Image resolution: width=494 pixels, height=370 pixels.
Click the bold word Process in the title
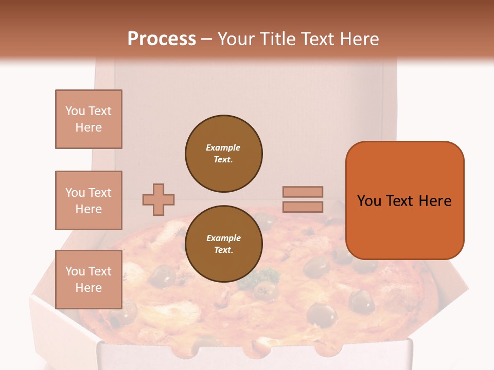coord(162,39)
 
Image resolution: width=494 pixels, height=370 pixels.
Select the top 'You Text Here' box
coord(89,119)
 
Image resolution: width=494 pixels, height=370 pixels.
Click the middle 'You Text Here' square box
coord(89,200)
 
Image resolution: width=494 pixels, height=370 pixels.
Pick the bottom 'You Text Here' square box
coord(89,279)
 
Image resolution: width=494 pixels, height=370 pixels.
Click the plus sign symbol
coord(158,199)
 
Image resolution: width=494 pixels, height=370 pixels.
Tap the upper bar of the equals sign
coord(303,192)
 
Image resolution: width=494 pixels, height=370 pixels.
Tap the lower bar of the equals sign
coord(303,207)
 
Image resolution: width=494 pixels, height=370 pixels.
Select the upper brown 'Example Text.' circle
coord(224,154)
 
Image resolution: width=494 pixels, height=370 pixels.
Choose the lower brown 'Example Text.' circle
coord(224,244)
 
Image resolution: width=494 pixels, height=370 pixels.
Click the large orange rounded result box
coord(404,200)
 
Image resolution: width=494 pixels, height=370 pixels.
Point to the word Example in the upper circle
coord(223,147)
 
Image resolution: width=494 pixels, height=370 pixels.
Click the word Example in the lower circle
coord(223,238)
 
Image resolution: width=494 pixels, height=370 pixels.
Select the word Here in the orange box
coord(435,201)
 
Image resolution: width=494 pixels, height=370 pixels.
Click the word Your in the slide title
coord(236,39)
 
